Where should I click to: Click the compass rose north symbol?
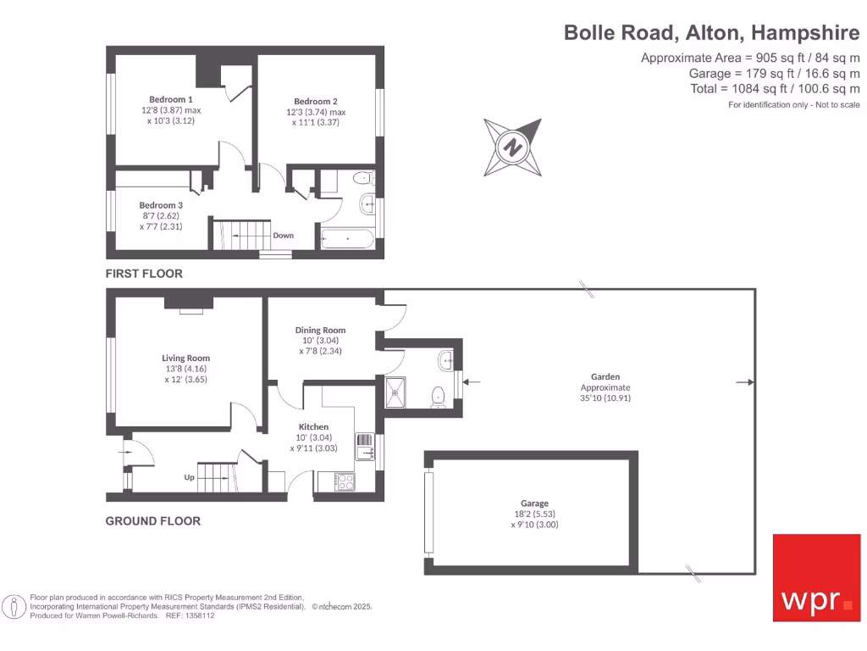tap(511, 146)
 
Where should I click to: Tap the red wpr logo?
tap(816, 577)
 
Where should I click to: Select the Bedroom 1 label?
tap(171, 99)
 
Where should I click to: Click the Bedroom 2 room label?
tap(316, 102)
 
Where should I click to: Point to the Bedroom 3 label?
tap(161, 205)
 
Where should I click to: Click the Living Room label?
tap(185, 358)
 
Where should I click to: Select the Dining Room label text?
tap(320, 330)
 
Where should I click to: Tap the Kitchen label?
tap(313, 426)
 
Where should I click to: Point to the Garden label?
tap(605, 376)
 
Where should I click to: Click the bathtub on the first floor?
tap(347, 240)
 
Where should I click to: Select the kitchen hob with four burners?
tap(346, 481)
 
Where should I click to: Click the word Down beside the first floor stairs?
tap(284, 236)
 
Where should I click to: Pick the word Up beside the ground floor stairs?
tap(189, 477)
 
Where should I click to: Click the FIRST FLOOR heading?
tap(143, 274)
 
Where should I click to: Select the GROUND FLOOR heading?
tap(152, 520)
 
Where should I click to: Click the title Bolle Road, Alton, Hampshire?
tap(712, 33)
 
